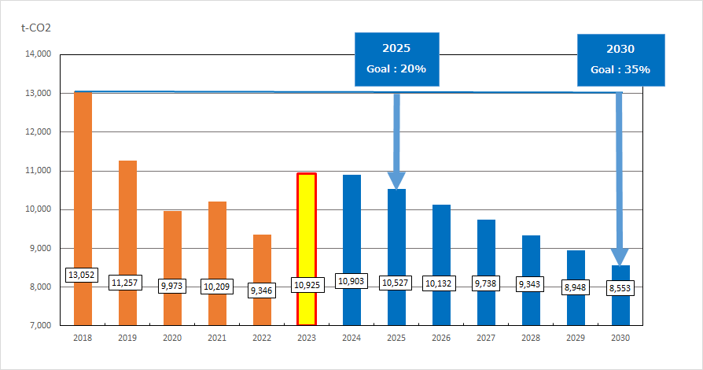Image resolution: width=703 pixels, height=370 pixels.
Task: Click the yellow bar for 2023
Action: [x=307, y=236]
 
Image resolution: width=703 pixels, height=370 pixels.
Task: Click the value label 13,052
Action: [x=83, y=275]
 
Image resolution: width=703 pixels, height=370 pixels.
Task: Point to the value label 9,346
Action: [x=262, y=290]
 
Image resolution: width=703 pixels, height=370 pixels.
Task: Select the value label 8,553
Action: [x=620, y=288]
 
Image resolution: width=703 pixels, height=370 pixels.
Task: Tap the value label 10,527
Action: [x=396, y=283]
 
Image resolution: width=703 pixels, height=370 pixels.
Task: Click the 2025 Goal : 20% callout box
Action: [x=396, y=58]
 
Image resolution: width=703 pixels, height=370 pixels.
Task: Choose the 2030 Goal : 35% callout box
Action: [x=620, y=59]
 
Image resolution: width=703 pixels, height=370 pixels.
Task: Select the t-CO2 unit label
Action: [x=36, y=28]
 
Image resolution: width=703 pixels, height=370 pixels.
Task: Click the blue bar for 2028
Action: [x=531, y=260]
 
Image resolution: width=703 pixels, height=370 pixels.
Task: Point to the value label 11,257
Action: [x=127, y=283]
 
